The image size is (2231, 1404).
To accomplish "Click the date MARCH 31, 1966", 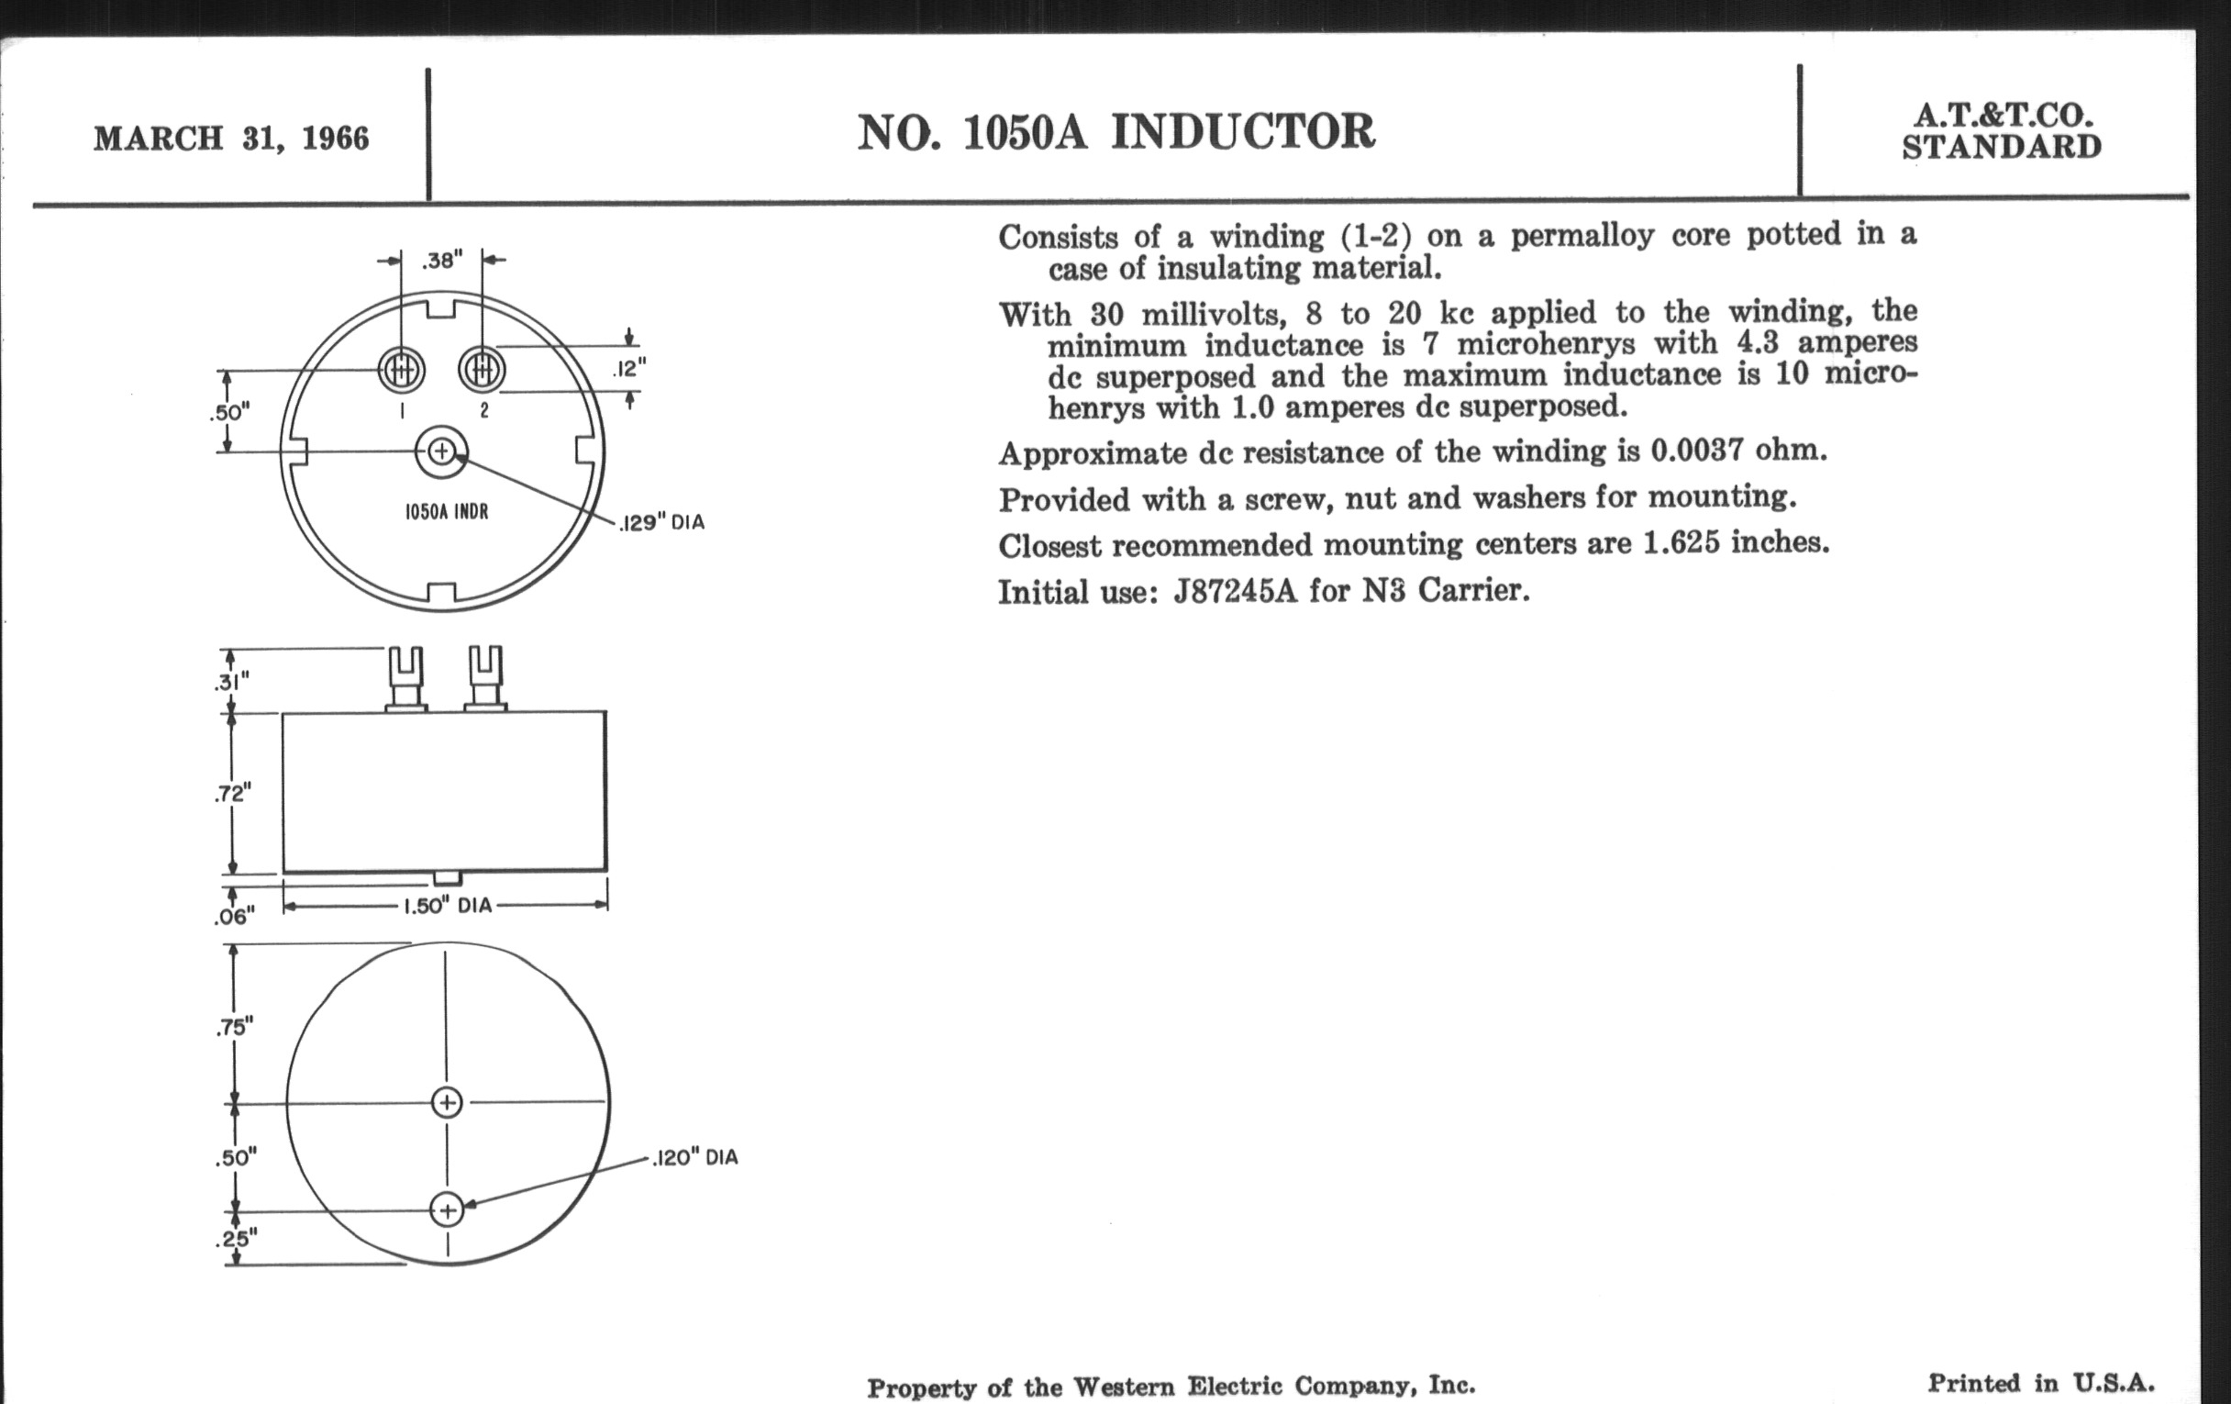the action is coord(231,139).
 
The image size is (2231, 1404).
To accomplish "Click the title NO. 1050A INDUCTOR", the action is coord(1116,131).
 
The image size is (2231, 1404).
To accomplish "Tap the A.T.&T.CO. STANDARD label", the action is coord(2002,130).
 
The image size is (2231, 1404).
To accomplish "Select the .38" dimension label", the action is coord(441,261).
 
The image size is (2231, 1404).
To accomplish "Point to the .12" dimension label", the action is coord(629,369).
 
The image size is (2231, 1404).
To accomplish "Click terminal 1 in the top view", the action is coord(401,371).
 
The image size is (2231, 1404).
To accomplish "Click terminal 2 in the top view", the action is coord(482,371).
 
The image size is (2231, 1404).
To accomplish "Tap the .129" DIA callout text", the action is coord(661,523).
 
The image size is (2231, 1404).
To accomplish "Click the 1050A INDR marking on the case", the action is coord(447,511).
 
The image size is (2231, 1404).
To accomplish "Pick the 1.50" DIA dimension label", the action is coord(447,906).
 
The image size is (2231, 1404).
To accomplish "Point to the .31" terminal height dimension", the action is coord(230,682).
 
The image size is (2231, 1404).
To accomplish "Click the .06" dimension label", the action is coord(234,917).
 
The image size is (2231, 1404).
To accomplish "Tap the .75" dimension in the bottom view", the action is coord(235,1027).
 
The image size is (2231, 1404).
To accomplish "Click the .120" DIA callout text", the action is coord(694,1157).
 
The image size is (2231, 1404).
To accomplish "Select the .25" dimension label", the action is coord(237,1238).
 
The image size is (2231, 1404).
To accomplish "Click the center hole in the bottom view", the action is coord(448,1103).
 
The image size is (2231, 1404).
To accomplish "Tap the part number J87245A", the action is coord(1236,591).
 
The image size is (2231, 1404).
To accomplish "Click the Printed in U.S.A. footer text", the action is coord(2041,1384).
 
